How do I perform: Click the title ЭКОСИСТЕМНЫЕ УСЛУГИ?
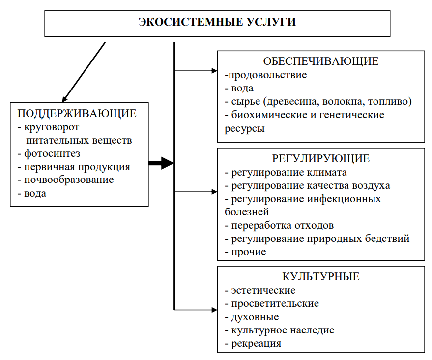pyautogui.click(x=217, y=22)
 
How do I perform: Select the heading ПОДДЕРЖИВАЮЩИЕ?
pyautogui.click(x=77, y=113)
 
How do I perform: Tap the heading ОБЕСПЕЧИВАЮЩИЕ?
pyautogui.click(x=321, y=61)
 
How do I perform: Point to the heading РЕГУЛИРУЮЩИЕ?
pyautogui.click(x=321, y=158)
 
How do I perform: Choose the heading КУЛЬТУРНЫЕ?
pyautogui.click(x=321, y=276)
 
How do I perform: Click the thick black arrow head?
pyautogui.click(x=167, y=163)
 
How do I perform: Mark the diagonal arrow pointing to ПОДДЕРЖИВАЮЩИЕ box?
pyautogui.click(x=84, y=72)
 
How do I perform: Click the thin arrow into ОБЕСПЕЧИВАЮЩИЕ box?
pyautogui.click(x=196, y=71)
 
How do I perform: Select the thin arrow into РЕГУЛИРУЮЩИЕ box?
pyautogui.click(x=196, y=192)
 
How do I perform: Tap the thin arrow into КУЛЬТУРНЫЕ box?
pyautogui.click(x=196, y=310)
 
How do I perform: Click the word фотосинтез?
pyautogui.click(x=52, y=153)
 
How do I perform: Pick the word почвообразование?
pyautogui.click(x=69, y=180)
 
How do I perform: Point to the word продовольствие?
pyautogui.click(x=267, y=75)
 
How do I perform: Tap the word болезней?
pyautogui.click(x=247, y=212)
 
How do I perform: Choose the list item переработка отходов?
pyautogui.click(x=283, y=225)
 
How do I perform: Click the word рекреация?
pyautogui.click(x=256, y=344)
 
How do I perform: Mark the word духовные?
pyautogui.click(x=255, y=317)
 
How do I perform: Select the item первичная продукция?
pyautogui.click(x=77, y=167)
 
